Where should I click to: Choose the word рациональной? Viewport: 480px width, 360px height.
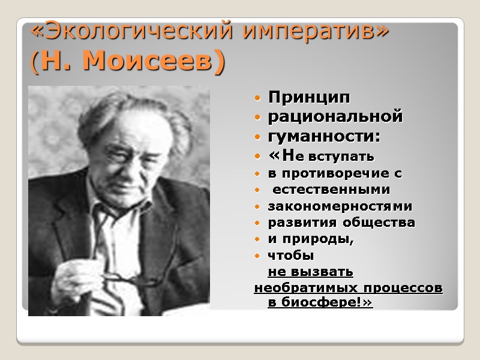335,116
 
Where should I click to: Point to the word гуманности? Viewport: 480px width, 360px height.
324,137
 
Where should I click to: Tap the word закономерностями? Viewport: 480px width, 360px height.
340,206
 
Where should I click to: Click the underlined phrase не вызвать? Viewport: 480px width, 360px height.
310,272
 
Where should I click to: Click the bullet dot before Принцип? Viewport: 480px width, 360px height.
257,97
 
